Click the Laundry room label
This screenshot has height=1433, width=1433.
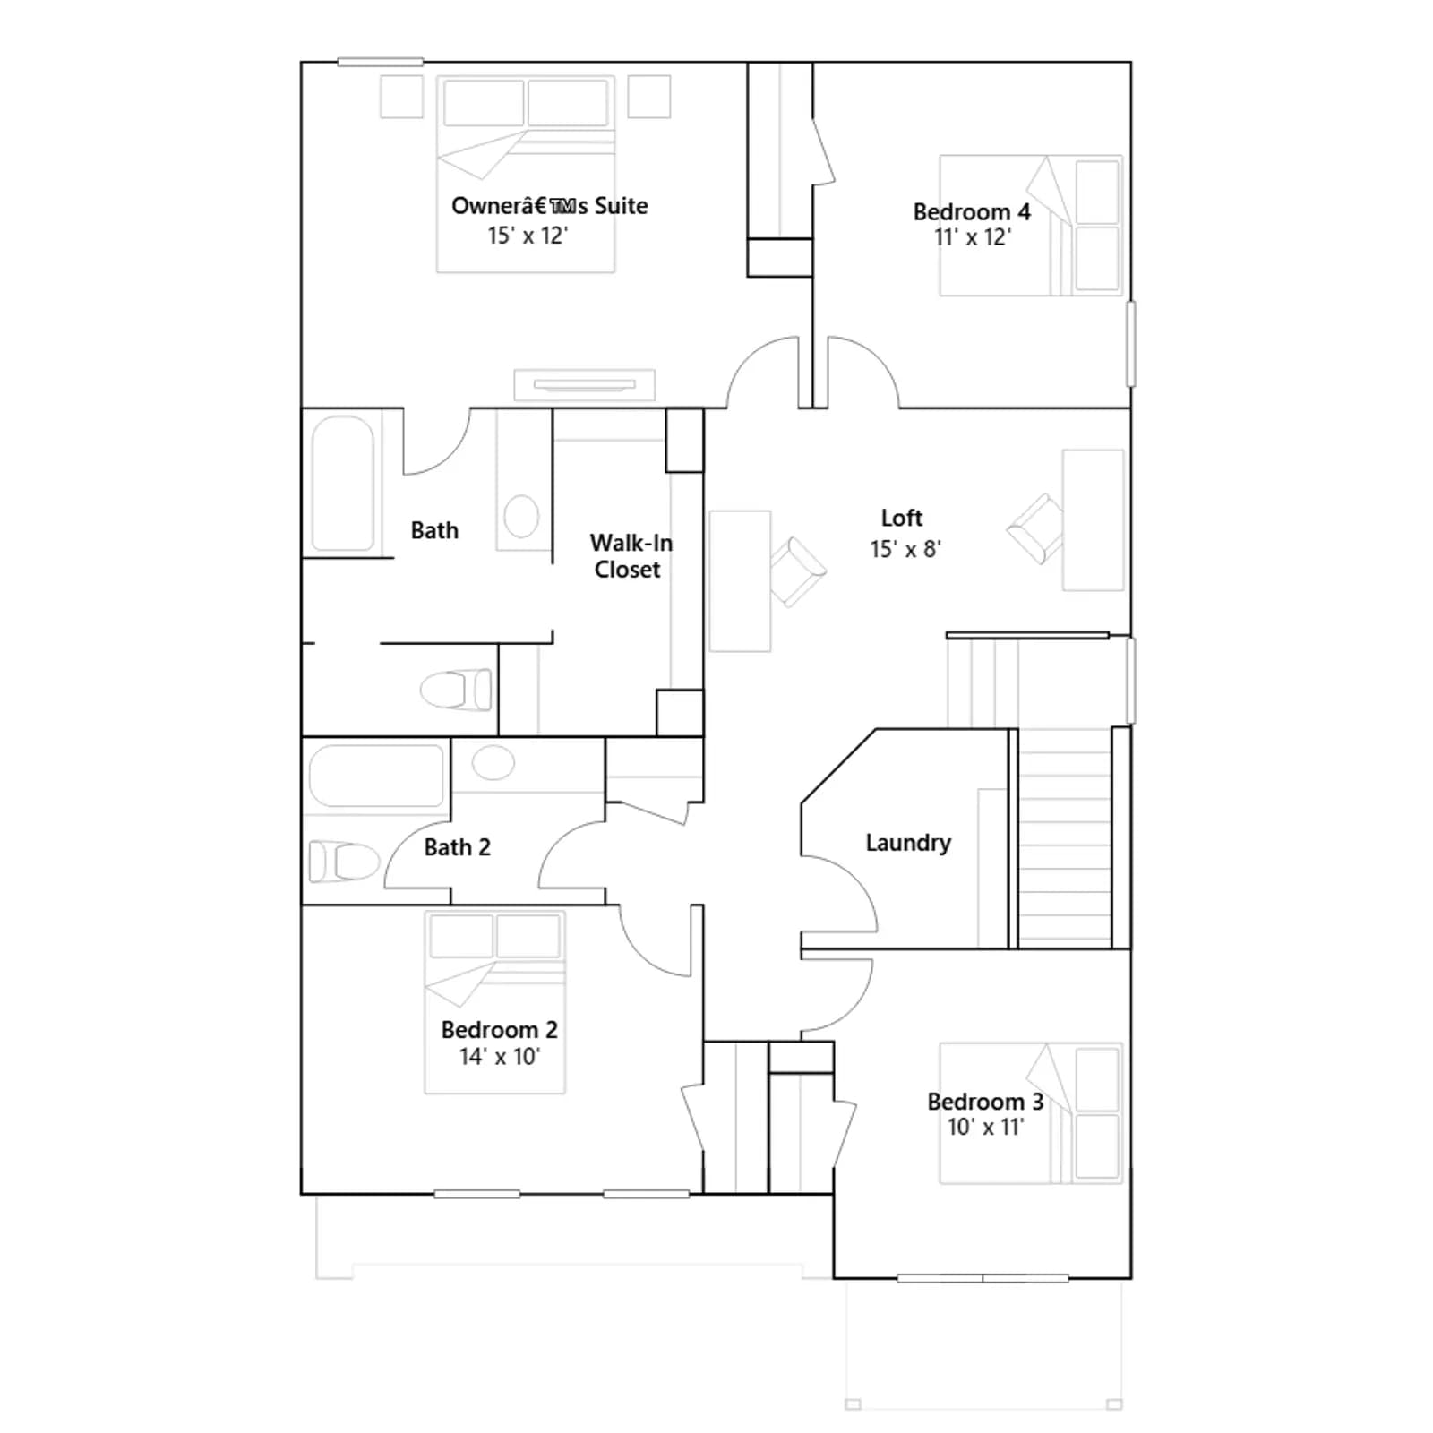[x=907, y=843]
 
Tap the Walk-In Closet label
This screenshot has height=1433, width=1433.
[x=631, y=556]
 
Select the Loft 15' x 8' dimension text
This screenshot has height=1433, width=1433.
[x=905, y=549]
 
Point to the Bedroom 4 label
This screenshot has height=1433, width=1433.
[x=971, y=212]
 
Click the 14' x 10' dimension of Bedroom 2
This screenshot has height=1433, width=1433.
[x=500, y=1057]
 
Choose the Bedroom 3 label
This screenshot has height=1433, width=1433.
[x=985, y=1102]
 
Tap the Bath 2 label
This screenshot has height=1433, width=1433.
[x=457, y=847]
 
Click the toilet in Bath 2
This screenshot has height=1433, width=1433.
[x=343, y=862]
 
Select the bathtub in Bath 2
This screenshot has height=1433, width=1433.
[x=376, y=776]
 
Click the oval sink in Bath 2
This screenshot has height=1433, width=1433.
[x=493, y=763]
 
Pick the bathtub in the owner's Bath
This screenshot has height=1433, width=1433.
[x=342, y=483]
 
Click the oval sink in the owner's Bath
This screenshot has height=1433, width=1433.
[x=521, y=517]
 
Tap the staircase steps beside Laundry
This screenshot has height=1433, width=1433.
[x=1065, y=838]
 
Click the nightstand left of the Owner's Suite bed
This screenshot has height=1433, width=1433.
[x=401, y=97]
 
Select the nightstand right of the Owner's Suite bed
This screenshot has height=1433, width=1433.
[x=648, y=97]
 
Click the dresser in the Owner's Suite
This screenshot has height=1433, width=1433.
[x=584, y=385]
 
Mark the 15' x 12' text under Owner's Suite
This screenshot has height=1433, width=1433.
[x=528, y=236]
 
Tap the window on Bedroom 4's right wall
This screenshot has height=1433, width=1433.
[x=1131, y=344]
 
